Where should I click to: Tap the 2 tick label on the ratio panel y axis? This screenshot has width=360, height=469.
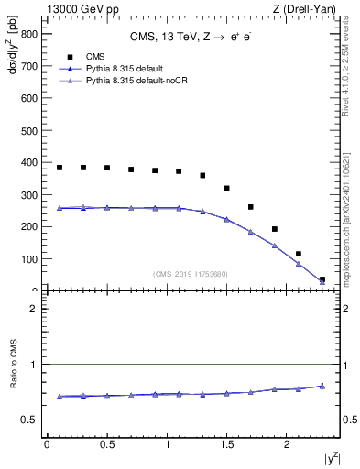(33, 309)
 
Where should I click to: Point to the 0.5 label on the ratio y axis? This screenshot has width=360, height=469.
(28, 420)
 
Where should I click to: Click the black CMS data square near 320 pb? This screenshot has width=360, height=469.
(226, 189)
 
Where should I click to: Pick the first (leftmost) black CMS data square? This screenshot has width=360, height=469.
(60, 168)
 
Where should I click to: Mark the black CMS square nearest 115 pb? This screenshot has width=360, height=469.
(299, 254)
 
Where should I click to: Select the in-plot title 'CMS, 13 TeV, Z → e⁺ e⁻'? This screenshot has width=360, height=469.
(192, 38)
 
